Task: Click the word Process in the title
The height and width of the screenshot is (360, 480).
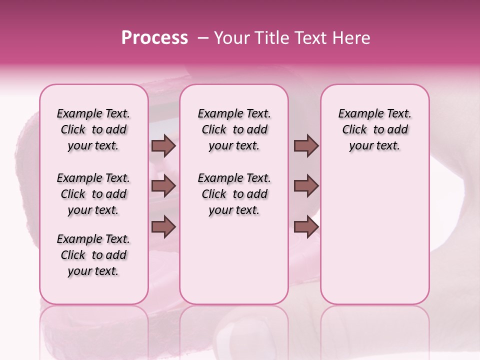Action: click(154, 38)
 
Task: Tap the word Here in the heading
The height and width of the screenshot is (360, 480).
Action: click(351, 38)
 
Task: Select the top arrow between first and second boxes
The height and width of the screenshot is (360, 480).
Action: click(163, 145)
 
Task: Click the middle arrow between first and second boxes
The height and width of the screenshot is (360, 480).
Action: click(163, 185)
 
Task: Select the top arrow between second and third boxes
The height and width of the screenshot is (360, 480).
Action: click(306, 145)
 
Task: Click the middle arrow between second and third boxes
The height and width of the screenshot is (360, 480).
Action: click(306, 185)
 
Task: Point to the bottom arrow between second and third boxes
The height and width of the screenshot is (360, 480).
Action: click(306, 227)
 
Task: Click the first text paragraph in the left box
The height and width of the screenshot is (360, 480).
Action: click(93, 129)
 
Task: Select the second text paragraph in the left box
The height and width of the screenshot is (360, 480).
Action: click(93, 194)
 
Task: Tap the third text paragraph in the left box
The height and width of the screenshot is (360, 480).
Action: click(93, 255)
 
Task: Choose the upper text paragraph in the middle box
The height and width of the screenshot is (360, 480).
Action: click(234, 129)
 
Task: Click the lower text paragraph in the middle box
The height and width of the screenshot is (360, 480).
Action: click(234, 194)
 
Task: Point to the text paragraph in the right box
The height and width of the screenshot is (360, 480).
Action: click(374, 129)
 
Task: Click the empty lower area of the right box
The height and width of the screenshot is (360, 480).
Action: click(374, 240)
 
